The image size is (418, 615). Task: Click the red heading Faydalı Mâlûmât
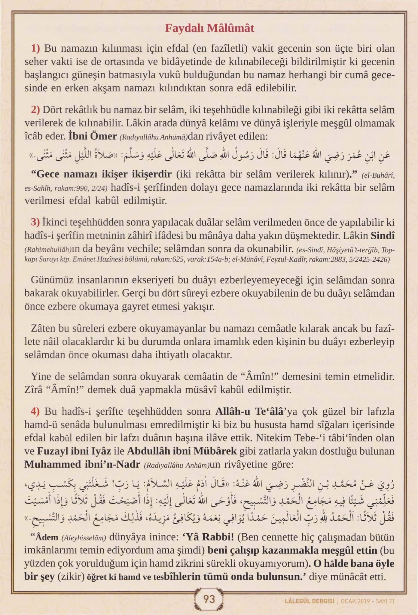coord(209,28)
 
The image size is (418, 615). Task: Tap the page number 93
coord(209,599)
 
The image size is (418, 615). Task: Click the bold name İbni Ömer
coord(93,137)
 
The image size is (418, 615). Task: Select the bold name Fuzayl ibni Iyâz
coord(74,451)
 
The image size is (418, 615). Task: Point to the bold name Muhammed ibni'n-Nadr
coord(82,464)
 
